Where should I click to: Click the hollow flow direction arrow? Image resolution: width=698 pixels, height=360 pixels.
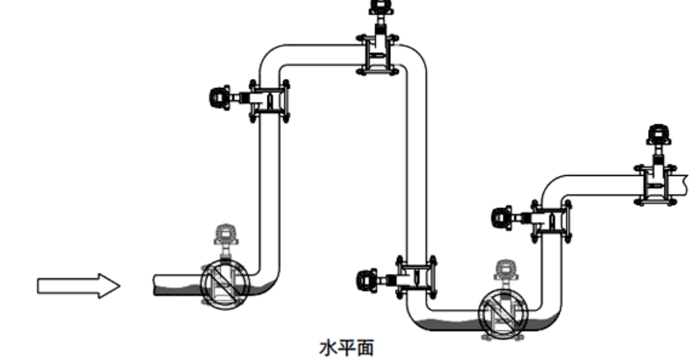tap(78, 285)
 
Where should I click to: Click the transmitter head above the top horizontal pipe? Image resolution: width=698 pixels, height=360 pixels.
tap(378, 7)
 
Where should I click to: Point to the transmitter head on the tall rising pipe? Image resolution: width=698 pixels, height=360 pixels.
tap(218, 98)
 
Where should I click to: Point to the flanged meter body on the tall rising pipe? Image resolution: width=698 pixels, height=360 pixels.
tap(268, 101)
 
